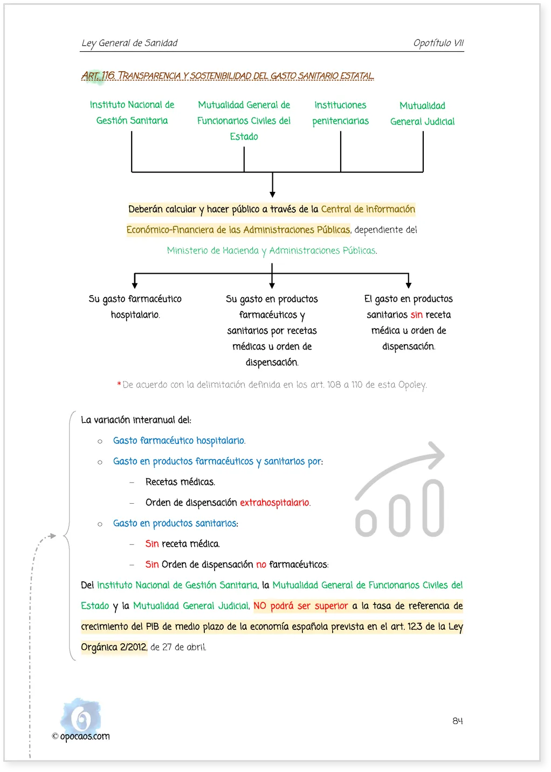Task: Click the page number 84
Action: pos(457,721)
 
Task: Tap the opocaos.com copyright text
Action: pos(81,736)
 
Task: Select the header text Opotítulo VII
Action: pos(438,43)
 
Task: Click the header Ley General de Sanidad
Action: pos(129,43)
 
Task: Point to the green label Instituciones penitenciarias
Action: pos(340,113)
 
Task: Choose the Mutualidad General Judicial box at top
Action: pos(422,113)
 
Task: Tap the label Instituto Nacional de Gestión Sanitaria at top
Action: pos(132,113)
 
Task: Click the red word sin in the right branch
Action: pos(417,314)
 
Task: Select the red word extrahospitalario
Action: pos(275,502)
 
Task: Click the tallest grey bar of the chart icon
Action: pos(433,507)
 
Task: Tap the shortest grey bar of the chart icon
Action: pos(366,523)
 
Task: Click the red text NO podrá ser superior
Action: pos(301,606)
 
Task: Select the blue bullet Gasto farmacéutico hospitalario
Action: pos(180,441)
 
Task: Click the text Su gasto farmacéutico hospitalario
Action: pos(135,307)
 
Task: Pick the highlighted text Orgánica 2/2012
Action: pos(114,647)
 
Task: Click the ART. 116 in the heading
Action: pos(98,75)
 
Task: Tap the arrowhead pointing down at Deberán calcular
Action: pos(272,194)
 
